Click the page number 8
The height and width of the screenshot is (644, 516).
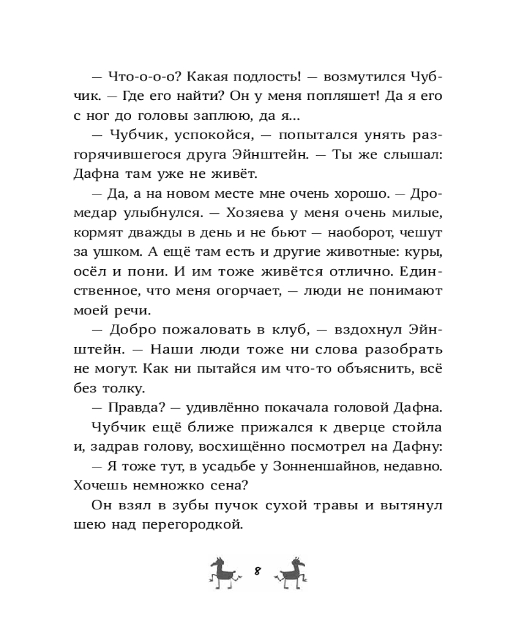tap(257, 571)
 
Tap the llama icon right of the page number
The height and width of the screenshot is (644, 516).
tap(291, 571)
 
